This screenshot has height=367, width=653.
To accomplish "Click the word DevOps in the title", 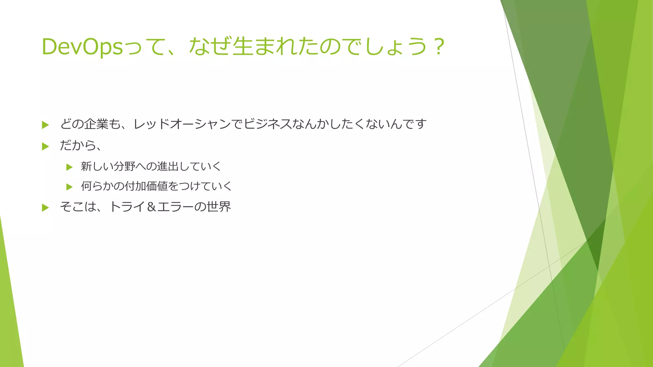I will [82, 47].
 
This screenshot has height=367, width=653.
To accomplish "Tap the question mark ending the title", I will [439, 47].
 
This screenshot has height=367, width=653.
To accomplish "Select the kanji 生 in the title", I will [243, 47].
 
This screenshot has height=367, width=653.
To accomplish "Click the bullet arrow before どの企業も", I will [45, 125].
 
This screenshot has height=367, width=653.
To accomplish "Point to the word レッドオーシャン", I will [182, 124].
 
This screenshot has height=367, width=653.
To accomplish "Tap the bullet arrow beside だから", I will [45, 147].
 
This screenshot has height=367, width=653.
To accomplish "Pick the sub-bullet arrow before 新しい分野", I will [70, 167].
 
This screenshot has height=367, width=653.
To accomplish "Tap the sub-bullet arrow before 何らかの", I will [70, 187].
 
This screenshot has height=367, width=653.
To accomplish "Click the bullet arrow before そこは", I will [45, 208].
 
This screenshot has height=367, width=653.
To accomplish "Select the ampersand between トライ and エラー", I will [152, 207].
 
